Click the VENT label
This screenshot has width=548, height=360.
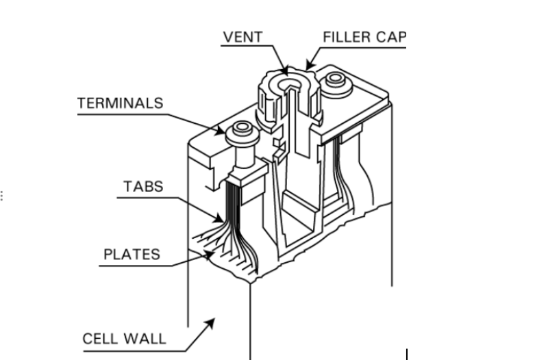[243, 37]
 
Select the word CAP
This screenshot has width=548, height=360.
[392, 37]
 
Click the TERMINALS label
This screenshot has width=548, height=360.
[121, 103]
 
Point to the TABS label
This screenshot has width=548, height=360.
[143, 186]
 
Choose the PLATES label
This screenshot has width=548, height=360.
[132, 254]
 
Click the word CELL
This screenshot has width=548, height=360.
[100, 339]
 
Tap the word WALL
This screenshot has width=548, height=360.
[145, 339]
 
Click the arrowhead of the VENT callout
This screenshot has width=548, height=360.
[284, 70]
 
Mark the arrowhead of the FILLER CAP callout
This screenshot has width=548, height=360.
[310, 65]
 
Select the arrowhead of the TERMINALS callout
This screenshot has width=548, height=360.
[220, 131]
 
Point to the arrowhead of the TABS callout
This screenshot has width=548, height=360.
[219, 218]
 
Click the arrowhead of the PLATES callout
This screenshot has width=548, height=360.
[209, 255]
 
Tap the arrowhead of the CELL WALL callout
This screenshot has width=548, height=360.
[210, 323]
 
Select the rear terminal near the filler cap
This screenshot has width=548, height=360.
[336, 82]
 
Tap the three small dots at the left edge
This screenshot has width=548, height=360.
[2, 196]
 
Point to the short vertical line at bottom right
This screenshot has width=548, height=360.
[407, 354]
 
